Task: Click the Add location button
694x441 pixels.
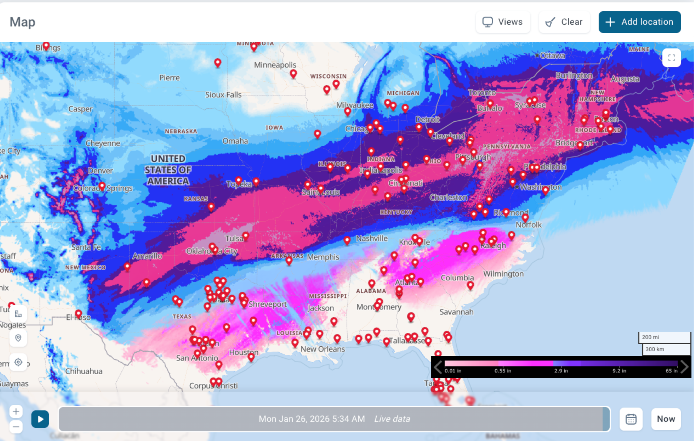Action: [640, 22]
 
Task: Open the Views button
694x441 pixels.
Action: [503, 22]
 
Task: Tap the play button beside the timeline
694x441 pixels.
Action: [40, 419]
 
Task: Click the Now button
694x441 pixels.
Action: [666, 419]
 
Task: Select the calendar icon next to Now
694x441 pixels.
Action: [631, 419]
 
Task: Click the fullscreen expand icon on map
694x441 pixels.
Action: [672, 58]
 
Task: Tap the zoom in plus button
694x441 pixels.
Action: [16, 411]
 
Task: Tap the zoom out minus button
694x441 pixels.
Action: [16, 427]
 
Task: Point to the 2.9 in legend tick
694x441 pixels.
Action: [561, 371]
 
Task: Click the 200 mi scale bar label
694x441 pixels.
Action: [650, 337]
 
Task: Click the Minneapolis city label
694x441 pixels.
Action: [275, 65]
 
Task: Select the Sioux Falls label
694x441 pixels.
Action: [223, 95]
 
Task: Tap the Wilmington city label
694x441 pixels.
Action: [503, 274]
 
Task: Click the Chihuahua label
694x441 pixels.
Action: [84, 371]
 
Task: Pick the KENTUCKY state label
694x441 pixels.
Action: [396, 212]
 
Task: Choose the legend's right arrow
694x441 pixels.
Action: [685, 367]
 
